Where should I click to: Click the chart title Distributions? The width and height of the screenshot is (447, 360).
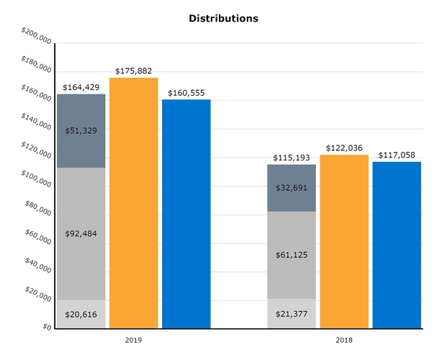[x=223, y=18]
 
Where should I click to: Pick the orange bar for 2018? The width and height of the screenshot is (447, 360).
[x=344, y=241]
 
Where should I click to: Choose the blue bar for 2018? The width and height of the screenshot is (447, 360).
[x=397, y=245]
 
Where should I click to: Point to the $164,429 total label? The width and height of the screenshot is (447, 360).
[x=81, y=87]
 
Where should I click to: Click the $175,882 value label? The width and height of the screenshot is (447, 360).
[x=133, y=71]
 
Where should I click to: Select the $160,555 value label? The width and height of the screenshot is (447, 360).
[x=186, y=93]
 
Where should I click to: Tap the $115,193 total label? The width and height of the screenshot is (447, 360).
[x=292, y=158]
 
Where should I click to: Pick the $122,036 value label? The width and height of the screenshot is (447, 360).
[x=344, y=148]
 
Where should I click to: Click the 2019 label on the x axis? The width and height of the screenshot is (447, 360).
[x=133, y=339]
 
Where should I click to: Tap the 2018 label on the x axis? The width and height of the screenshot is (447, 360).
[x=344, y=339]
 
